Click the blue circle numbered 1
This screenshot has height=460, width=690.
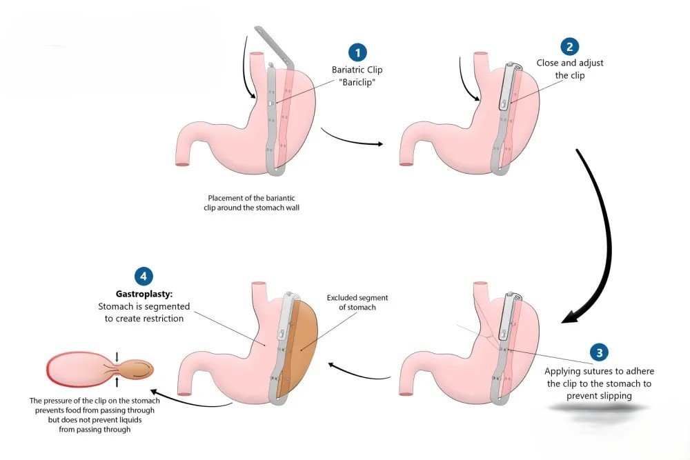pyautogui.click(x=357, y=52)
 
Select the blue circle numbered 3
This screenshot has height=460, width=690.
pyautogui.click(x=599, y=352)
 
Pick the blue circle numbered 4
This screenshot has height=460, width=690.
pyautogui.click(x=143, y=276)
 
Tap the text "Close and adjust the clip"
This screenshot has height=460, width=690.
pyautogui.click(x=570, y=69)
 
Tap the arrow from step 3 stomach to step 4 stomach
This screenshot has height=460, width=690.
pyautogui.click(x=358, y=373)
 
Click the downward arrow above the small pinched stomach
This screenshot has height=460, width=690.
pyautogui.click(x=117, y=356)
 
